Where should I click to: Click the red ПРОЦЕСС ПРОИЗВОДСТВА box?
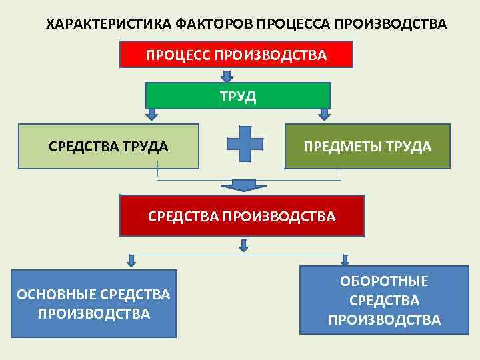pyautogui.click(x=237, y=55)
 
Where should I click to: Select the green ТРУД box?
pyautogui.click(x=238, y=95)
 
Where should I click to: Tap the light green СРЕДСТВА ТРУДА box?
pyautogui.click(x=109, y=145)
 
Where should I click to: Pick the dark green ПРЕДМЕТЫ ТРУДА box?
pyautogui.click(x=367, y=146)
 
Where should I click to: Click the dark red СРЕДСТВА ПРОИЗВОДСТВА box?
pyautogui.click(x=241, y=216)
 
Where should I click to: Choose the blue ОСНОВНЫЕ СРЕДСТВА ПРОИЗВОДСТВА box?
pyautogui.click(x=93, y=303)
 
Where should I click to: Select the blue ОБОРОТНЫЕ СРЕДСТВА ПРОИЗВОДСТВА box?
pyautogui.click(x=384, y=299)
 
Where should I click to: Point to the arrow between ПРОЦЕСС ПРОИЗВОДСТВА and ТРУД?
pyautogui.click(x=227, y=75)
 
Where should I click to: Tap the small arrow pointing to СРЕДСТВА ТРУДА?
pyautogui.click(x=152, y=114)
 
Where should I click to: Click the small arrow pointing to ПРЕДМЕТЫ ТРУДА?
pyautogui.click(x=324, y=114)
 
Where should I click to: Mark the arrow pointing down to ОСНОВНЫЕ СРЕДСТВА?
pyautogui.click(x=131, y=259)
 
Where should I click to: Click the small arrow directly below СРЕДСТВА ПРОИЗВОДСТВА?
pyautogui.click(x=243, y=245)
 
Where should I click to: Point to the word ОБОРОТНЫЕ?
pyautogui.click(x=384, y=281)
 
